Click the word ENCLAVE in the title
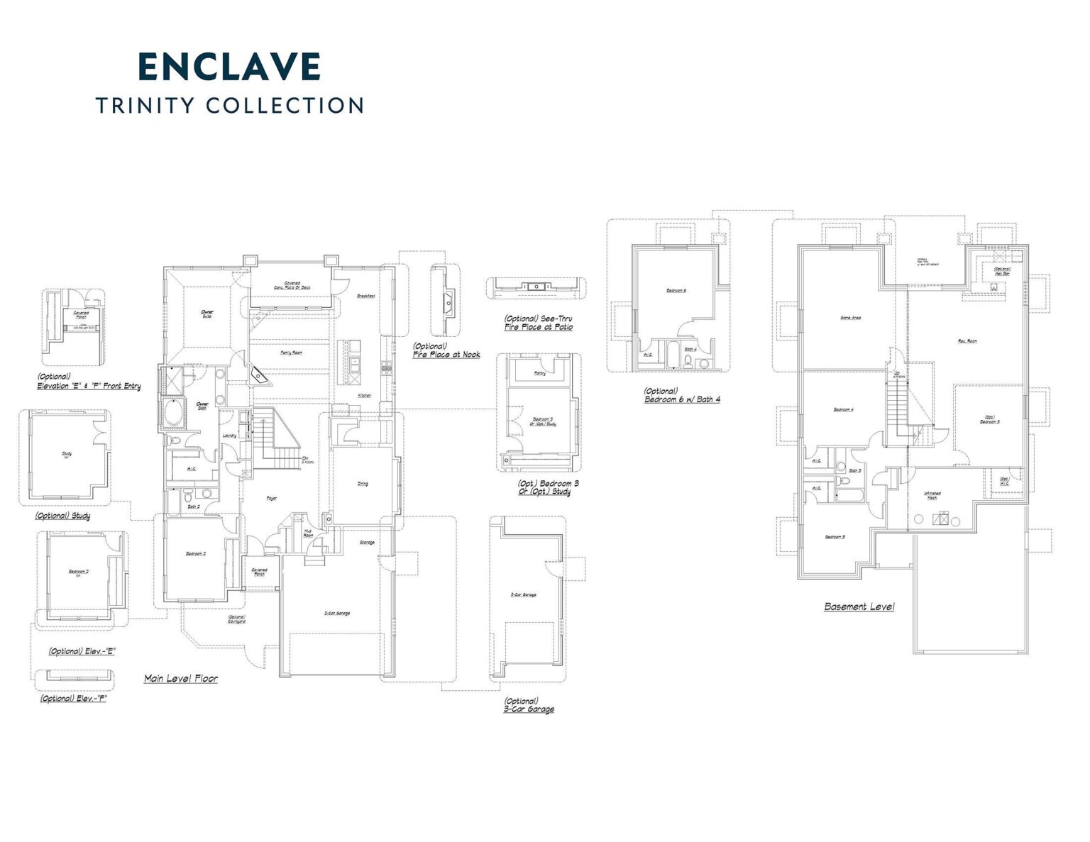pyautogui.click(x=229, y=67)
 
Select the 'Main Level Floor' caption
pyautogui.click(x=181, y=678)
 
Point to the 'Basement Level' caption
pyautogui.click(x=859, y=606)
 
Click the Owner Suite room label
pyautogui.click(x=207, y=313)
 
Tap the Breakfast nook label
pyautogui.click(x=365, y=296)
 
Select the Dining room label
pyautogui.click(x=363, y=484)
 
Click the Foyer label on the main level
pyautogui.click(x=271, y=499)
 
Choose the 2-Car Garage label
pyautogui.click(x=337, y=613)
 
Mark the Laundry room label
pyautogui.click(x=229, y=436)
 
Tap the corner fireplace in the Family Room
pyautogui.click(x=260, y=377)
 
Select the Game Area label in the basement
pyautogui.click(x=850, y=318)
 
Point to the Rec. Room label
pyautogui.click(x=967, y=341)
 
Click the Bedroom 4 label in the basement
pyautogui.click(x=843, y=409)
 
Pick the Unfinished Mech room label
pyautogui.click(x=932, y=495)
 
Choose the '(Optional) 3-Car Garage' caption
pyautogui.click(x=529, y=705)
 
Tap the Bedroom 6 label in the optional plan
pyautogui.click(x=676, y=290)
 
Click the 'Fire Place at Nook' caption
pyautogui.click(x=446, y=354)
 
